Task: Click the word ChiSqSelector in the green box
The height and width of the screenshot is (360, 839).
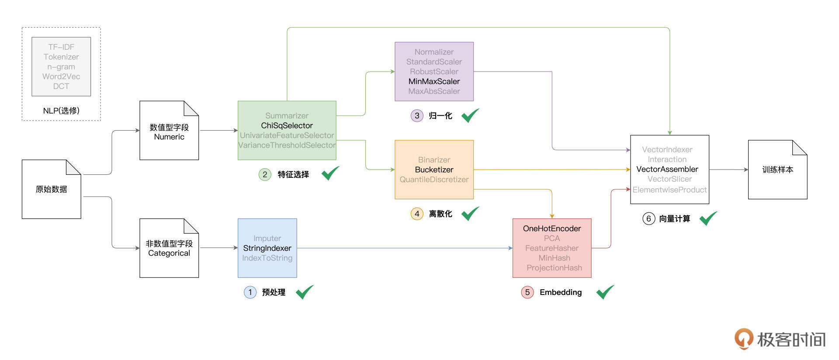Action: click(287, 125)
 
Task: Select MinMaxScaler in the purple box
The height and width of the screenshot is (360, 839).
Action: click(434, 81)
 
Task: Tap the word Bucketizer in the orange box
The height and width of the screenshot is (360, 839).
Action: click(434, 170)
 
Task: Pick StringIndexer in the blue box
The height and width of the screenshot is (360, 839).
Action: click(267, 248)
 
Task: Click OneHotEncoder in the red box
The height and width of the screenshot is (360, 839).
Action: click(551, 228)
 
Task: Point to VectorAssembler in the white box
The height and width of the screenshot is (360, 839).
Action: click(667, 169)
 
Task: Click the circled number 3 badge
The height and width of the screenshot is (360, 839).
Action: click(417, 116)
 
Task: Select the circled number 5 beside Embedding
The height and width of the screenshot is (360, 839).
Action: click(527, 292)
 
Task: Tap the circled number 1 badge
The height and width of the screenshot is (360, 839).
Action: click(250, 292)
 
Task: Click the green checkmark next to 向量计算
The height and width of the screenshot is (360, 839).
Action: click(708, 218)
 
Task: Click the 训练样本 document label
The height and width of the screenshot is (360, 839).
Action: click(777, 170)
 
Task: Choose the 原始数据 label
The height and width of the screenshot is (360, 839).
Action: click(51, 189)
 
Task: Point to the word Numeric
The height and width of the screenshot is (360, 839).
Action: click(169, 137)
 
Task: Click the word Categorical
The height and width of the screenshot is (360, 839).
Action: click(169, 253)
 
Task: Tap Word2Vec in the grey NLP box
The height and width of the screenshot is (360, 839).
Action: click(61, 76)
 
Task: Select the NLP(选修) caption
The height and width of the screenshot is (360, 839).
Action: click(61, 111)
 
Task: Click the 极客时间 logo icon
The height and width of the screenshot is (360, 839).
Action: click(743, 339)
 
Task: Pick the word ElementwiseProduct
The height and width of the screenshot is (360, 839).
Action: click(669, 190)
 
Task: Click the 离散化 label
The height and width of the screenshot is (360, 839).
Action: click(440, 214)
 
